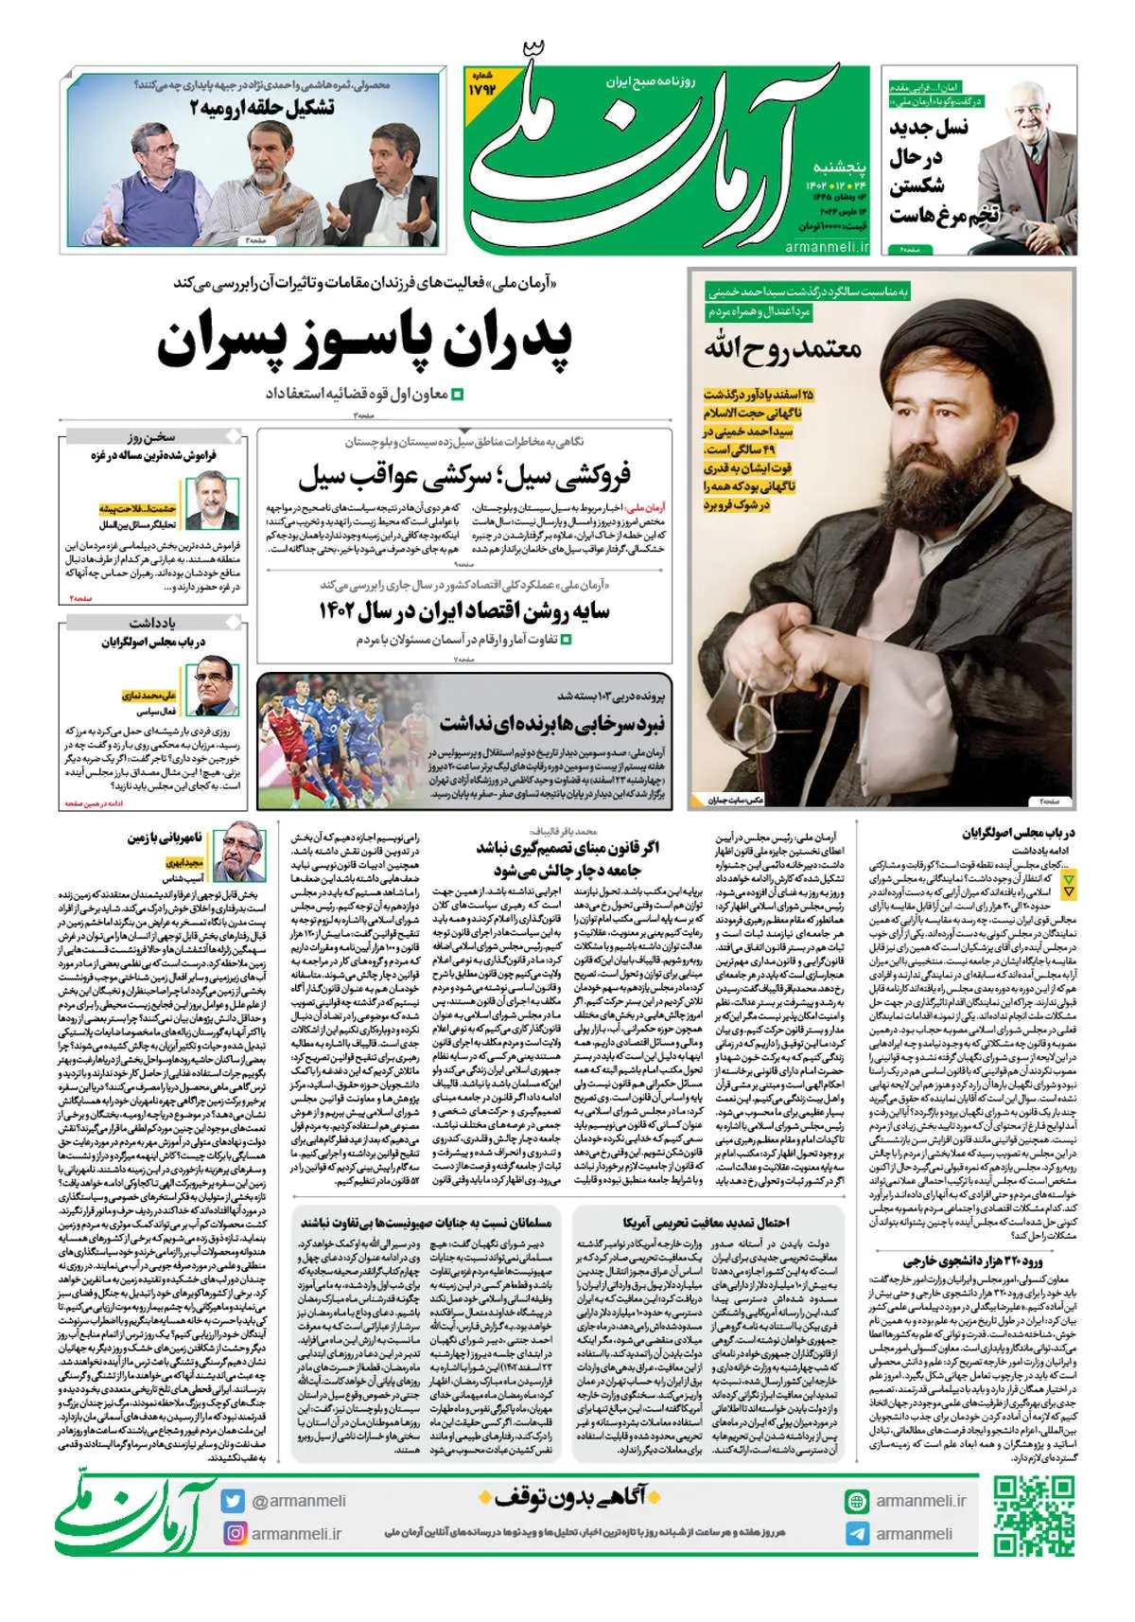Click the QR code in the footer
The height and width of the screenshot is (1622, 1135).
coord(1034,1515)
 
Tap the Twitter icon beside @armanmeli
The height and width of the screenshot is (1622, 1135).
coord(233,1501)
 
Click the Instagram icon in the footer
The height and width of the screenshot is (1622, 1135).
coord(234,1533)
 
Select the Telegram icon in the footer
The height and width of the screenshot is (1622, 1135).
coord(857,1533)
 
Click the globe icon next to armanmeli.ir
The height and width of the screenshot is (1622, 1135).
coord(857,1501)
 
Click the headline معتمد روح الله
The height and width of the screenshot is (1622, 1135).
coord(782,349)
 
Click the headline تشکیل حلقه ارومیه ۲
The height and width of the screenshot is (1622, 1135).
coord(262,108)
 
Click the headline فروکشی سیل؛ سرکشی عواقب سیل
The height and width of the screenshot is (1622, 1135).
coord(463,476)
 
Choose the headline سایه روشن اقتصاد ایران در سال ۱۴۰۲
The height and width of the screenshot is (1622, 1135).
coord(463,611)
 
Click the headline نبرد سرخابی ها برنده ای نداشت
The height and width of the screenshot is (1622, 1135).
coord(552,724)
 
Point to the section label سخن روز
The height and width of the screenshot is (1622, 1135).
coord(151,437)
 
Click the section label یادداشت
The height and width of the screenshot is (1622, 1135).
coord(152,624)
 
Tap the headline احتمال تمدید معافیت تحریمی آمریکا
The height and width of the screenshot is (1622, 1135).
coord(706,1224)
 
